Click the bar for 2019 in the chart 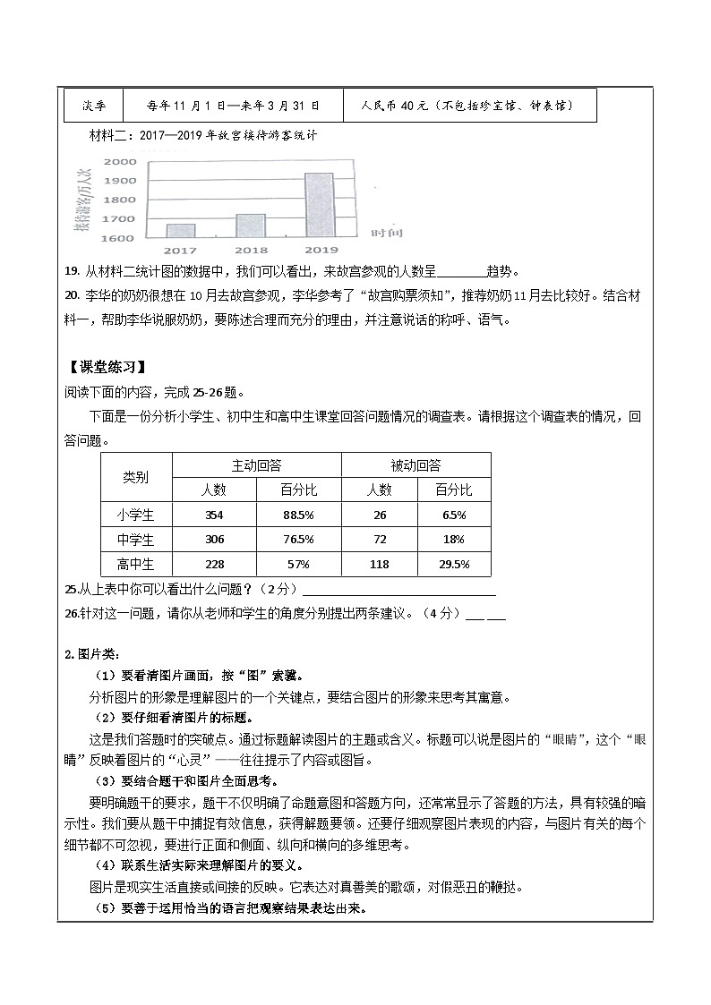click(x=320, y=206)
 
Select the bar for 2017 click(x=180, y=231)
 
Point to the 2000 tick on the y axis click(x=120, y=162)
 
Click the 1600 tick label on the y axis click(x=120, y=239)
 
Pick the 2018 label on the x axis click(x=250, y=251)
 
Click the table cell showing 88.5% click(x=298, y=515)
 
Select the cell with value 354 click(x=214, y=515)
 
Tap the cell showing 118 click(x=379, y=565)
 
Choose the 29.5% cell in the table click(x=452, y=565)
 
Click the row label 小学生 click(x=136, y=515)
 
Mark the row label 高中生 click(x=136, y=565)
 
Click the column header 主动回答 click(x=256, y=465)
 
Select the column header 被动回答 click(x=415, y=465)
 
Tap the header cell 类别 click(x=136, y=477)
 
